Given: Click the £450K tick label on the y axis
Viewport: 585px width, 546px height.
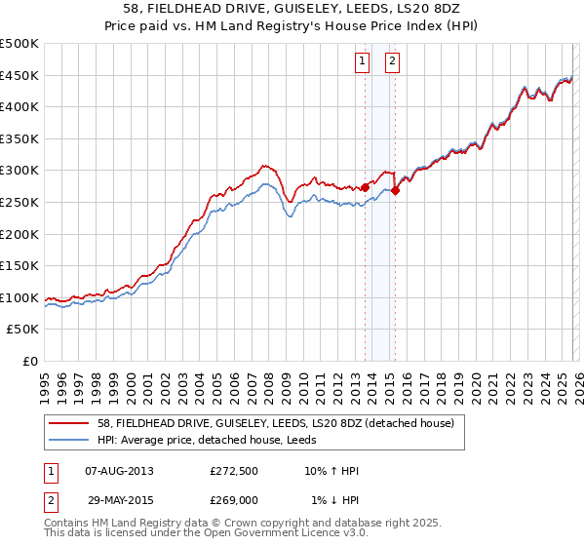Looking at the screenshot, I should point(19,75).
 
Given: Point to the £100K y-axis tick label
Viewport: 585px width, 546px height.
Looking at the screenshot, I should point(19,297).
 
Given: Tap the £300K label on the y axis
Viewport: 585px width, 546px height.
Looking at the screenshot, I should point(19,171).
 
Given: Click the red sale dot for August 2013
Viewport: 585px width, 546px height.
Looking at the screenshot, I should point(365,187).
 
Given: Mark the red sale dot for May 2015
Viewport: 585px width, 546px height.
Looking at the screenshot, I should point(396,191).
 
